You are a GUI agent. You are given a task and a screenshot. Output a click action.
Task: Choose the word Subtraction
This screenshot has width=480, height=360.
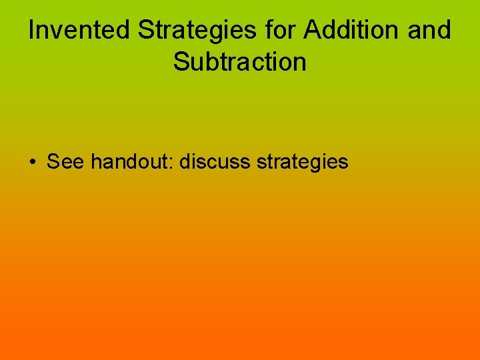(x=240, y=62)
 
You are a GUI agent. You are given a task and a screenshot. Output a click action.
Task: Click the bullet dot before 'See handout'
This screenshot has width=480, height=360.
(x=33, y=162)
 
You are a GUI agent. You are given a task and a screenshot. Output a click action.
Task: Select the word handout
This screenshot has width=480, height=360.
(x=131, y=161)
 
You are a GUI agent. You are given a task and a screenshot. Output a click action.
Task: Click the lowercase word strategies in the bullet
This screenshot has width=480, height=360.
(x=303, y=162)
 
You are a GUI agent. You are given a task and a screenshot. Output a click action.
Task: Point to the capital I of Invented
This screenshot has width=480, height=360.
(x=31, y=31)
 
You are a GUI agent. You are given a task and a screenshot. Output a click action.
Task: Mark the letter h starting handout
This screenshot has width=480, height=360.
(x=97, y=161)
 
